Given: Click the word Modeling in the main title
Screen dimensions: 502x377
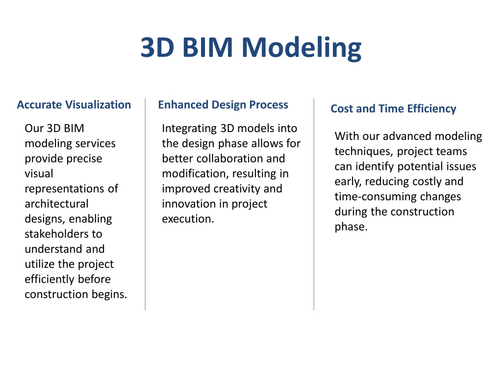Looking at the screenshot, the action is coord(301,49).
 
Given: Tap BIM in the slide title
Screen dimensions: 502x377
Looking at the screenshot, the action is coord(207,48).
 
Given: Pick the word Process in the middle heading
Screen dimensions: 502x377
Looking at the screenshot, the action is coord(269,105).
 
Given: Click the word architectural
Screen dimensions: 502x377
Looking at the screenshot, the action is coord(57,204).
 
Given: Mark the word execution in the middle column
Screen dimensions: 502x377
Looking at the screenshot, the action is coord(188,218).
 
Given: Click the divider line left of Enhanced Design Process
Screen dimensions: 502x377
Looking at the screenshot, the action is coord(145,204).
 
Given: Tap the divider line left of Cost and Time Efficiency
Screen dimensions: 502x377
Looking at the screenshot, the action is coord(314,204).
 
